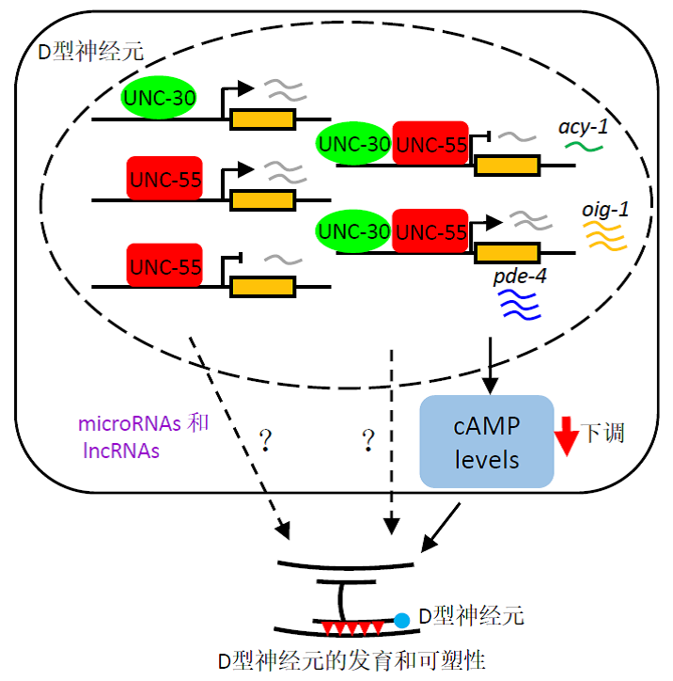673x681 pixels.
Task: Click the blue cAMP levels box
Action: point(486,441)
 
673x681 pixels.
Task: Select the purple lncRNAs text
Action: point(119,451)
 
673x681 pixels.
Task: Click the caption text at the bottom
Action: point(337,657)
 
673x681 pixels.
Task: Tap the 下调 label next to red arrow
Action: point(603,433)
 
